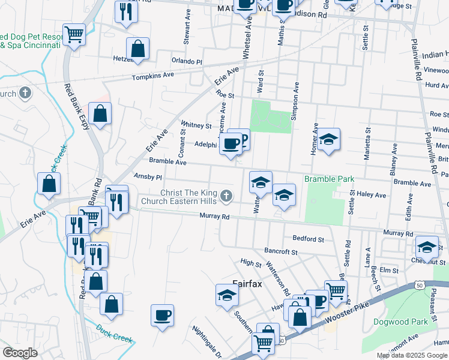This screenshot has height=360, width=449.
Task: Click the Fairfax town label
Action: click(x=247, y=284)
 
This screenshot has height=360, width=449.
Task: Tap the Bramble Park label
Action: click(x=329, y=179)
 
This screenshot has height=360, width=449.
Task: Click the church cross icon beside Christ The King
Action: click(x=226, y=196)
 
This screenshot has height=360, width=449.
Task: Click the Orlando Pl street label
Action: click(x=187, y=61)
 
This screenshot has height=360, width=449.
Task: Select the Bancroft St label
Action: click(x=281, y=251)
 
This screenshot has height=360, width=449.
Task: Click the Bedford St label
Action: click(x=309, y=239)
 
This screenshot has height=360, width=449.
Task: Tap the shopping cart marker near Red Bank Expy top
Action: click(x=74, y=34)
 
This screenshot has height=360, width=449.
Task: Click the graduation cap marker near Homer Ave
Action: click(x=328, y=140)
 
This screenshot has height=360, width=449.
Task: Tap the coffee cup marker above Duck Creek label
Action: click(x=162, y=315)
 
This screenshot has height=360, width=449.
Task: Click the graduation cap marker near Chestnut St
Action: click(x=427, y=247)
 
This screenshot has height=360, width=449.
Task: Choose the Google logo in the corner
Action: click(x=20, y=353)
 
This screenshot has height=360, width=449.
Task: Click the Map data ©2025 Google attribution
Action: click(x=411, y=355)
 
